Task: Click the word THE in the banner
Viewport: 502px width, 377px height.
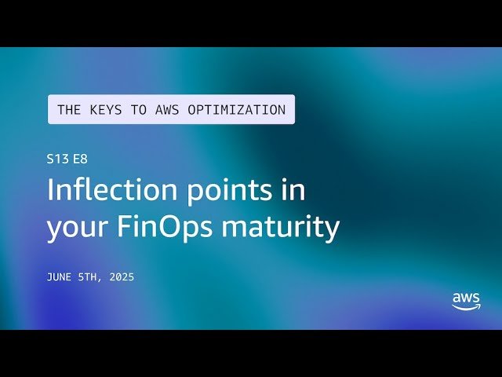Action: [69, 110]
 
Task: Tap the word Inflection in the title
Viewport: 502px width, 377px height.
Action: [109, 191]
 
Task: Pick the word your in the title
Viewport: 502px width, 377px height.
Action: [78, 227]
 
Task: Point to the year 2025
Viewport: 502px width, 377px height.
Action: [122, 276]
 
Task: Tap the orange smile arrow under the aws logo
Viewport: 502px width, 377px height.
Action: [466, 309]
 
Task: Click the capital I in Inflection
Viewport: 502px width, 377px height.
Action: [51, 191]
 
